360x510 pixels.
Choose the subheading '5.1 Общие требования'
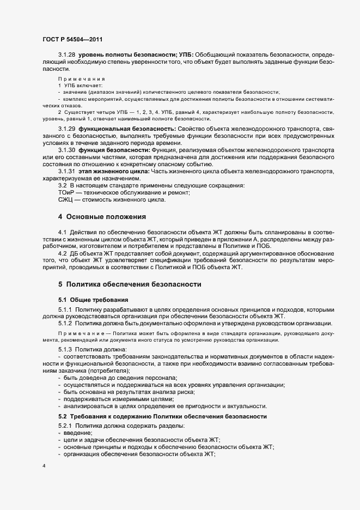(x=93, y=300)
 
